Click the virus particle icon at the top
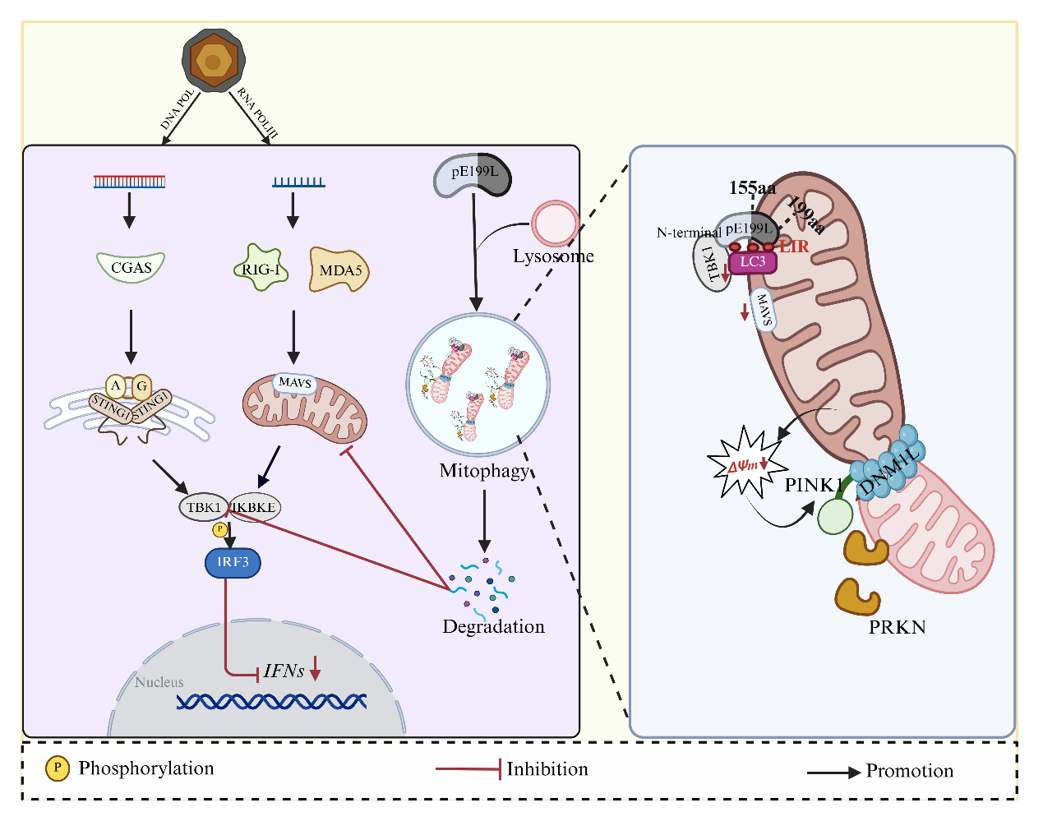pos(213,61)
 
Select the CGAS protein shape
pos(132,267)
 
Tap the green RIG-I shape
pos(261,268)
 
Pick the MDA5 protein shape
pos(339,270)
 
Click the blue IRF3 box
pos(233,562)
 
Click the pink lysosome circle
pos(555,224)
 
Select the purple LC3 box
pos(752,262)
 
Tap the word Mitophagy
pos(484,471)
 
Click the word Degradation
pos(493,626)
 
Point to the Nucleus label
pos(159,682)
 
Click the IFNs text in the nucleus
pos(284,671)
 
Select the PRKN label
pos(897,627)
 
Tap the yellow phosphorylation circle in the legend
pos(57,768)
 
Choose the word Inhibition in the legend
pos(547,769)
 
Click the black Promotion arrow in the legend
pos(833,773)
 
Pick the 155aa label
pos(752,188)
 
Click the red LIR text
pos(794,246)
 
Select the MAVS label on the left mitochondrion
pos(294,383)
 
